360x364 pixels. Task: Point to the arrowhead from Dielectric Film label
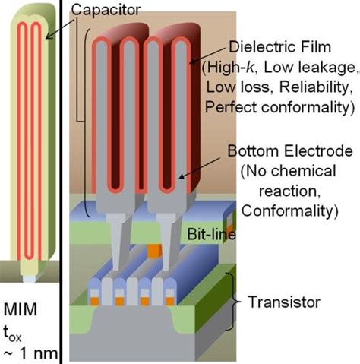(192, 60)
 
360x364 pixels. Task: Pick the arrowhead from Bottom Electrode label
(180, 180)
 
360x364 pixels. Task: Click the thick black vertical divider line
(59, 182)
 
